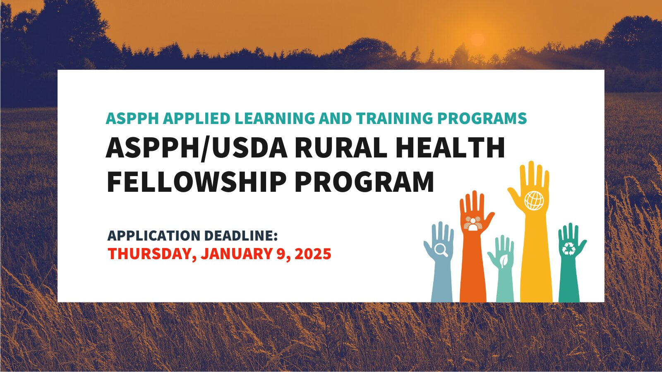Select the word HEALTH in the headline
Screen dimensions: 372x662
(x=450, y=148)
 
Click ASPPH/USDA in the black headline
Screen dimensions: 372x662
(x=197, y=148)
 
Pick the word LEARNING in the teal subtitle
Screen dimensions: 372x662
(x=279, y=119)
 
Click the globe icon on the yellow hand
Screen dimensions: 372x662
(x=534, y=200)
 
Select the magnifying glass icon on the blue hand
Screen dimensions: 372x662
(x=441, y=249)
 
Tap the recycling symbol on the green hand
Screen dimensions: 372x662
(x=569, y=248)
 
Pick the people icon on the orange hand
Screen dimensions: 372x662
(x=473, y=223)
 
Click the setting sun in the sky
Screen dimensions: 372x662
(x=477, y=40)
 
